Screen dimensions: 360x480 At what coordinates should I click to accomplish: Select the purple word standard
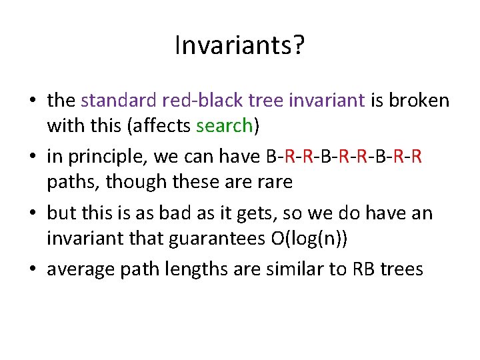[119, 101]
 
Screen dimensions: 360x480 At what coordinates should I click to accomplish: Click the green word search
[224, 125]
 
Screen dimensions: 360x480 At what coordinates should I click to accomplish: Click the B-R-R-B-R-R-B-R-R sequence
[344, 157]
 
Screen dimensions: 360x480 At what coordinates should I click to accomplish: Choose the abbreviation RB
[359, 269]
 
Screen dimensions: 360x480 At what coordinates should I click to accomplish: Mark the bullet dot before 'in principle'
[33, 157]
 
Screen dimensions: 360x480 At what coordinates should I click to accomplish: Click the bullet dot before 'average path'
[33, 270]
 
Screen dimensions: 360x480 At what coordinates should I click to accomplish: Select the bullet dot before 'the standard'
[33, 101]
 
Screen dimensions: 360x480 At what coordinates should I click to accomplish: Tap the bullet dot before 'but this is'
[33, 214]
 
